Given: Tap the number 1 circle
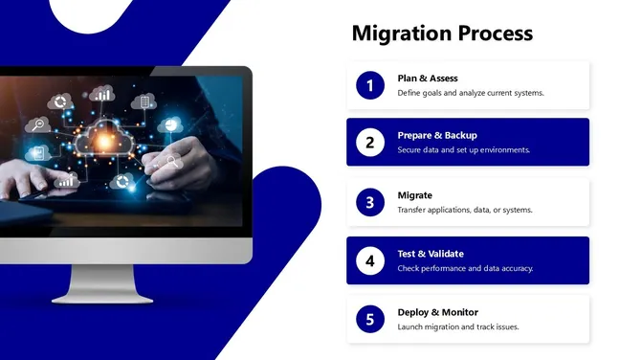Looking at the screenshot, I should point(369,85).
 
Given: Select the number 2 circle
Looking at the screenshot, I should point(369,143).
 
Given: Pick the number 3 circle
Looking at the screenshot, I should point(369,202).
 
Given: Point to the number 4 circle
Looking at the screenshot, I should point(369,260).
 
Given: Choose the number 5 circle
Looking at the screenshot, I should point(369,320).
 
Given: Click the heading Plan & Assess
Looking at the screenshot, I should point(427,78).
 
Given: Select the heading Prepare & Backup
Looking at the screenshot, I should point(436,135).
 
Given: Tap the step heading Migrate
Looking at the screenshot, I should point(414,194).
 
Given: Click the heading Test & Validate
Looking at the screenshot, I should point(431,254).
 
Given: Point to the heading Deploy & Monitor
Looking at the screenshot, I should point(437,312).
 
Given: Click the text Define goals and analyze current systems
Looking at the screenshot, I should point(470,93).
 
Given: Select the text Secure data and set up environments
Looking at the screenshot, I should point(463,150).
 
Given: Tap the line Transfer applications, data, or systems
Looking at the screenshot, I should point(464,210).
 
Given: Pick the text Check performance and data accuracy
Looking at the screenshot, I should point(465,269).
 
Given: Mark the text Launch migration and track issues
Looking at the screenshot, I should point(457,327).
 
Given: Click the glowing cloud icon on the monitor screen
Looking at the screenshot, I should point(102,140).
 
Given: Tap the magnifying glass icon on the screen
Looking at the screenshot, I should point(39,124).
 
